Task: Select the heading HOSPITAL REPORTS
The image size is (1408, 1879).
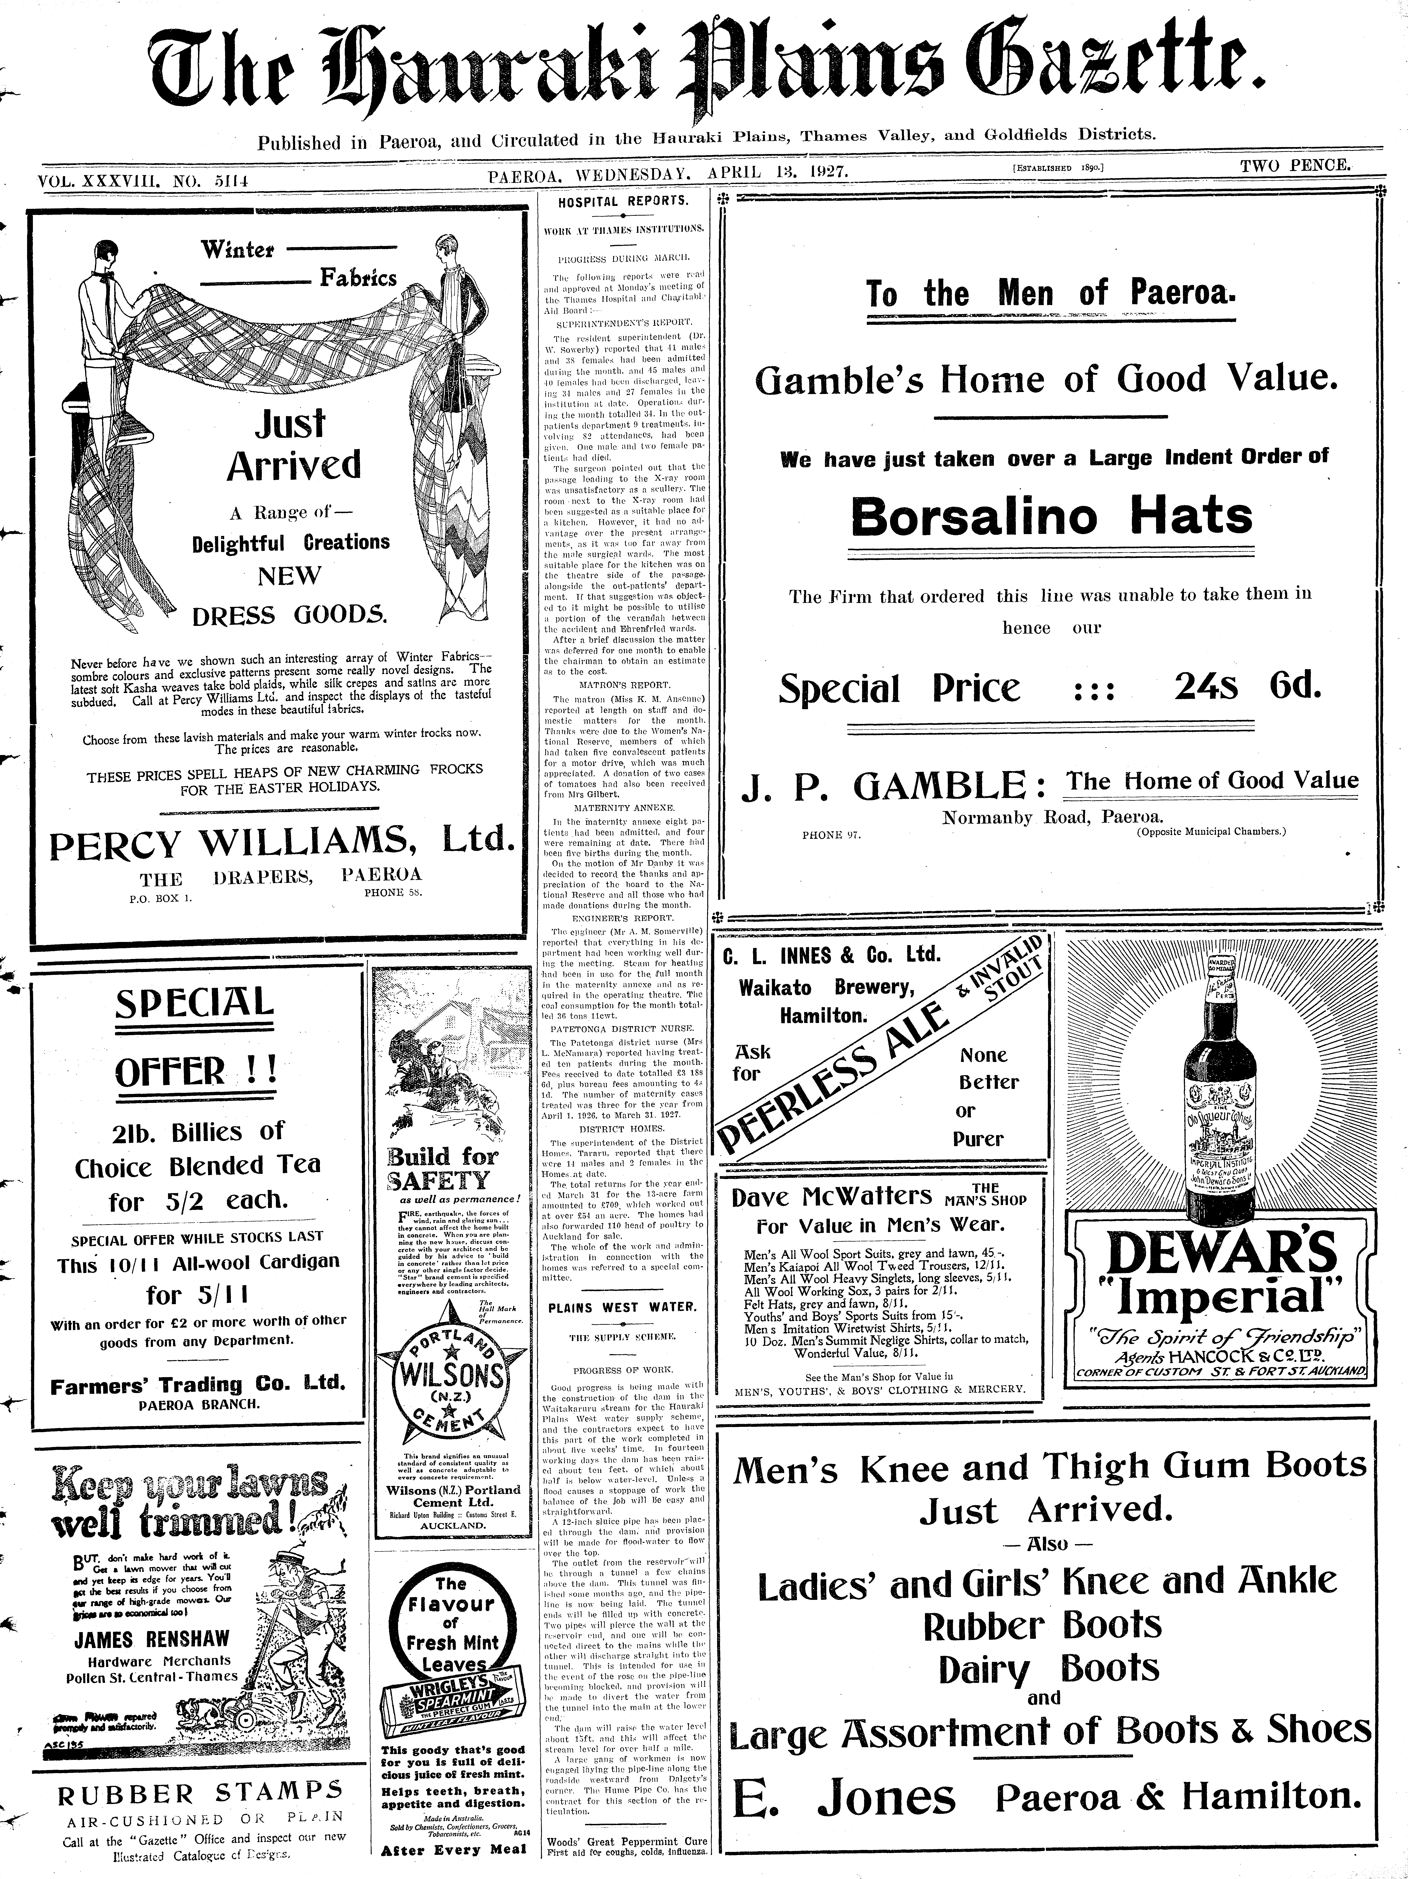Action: (x=622, y=201)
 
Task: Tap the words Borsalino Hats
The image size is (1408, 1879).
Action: (x=1051, y=516)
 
